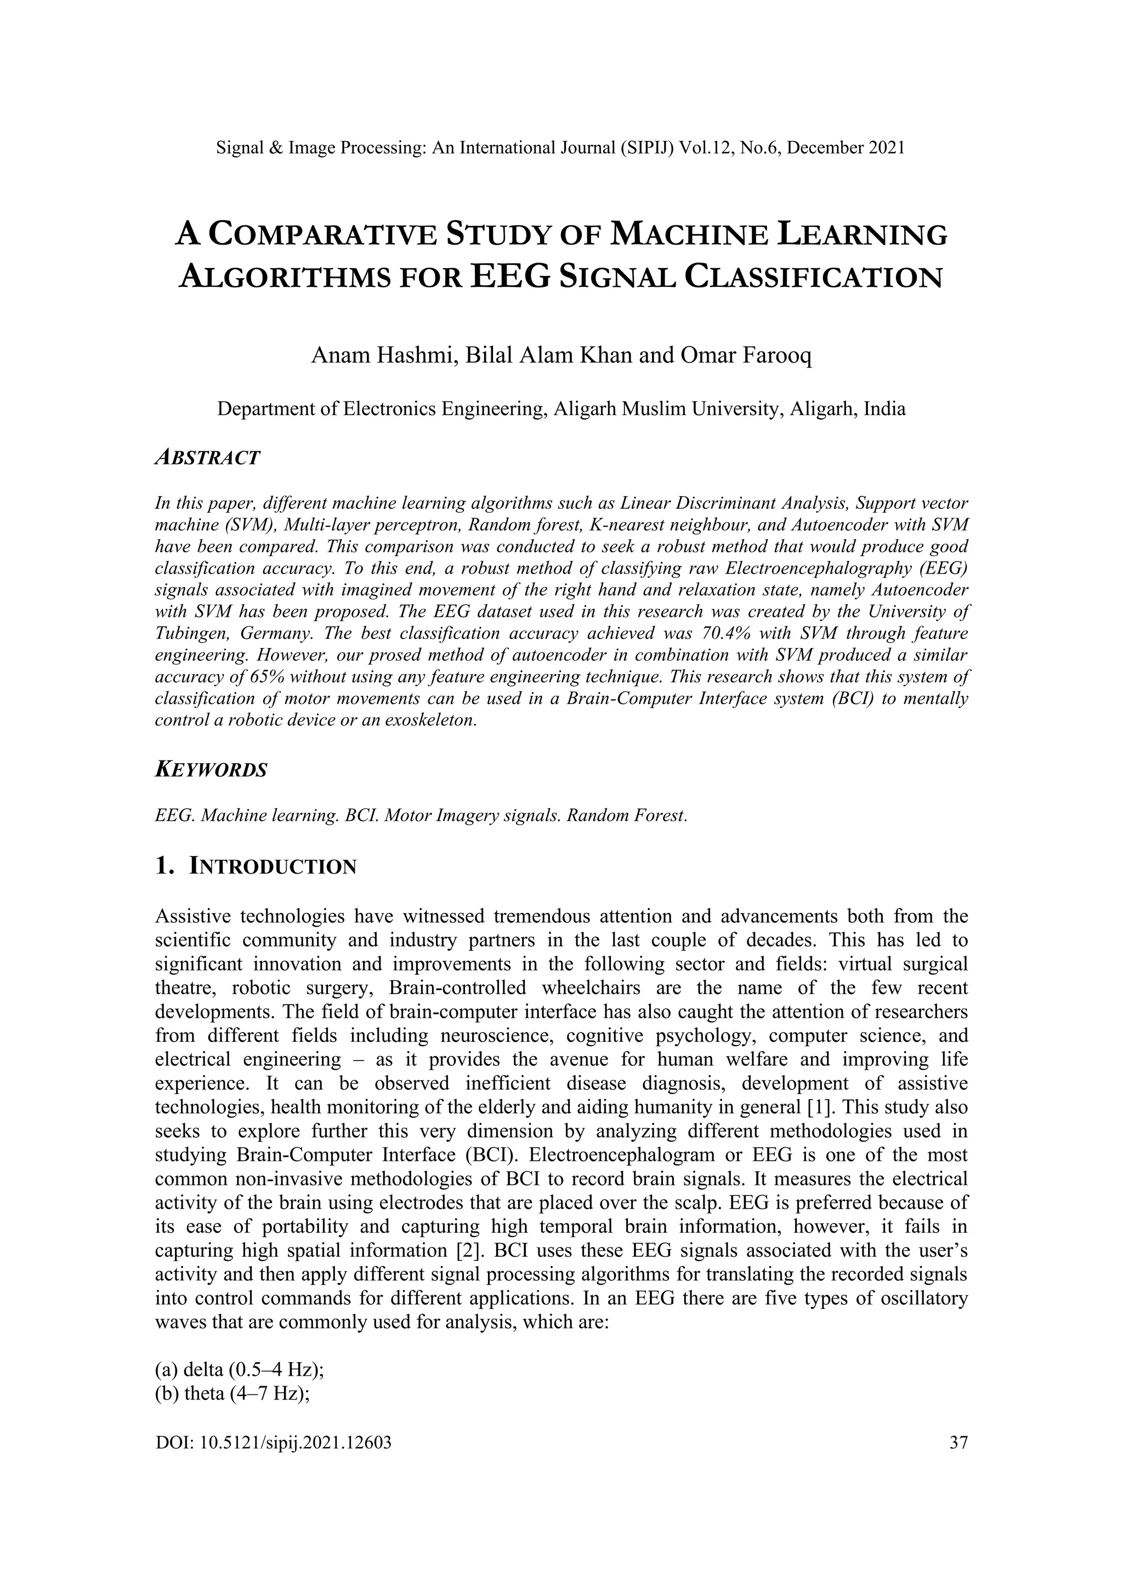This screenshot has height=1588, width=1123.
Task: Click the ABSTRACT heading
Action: (x=207, y=458)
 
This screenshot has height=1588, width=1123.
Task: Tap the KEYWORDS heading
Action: (x=211, y=770)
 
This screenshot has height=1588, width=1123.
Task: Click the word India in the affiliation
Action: (x=884, y=409)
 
